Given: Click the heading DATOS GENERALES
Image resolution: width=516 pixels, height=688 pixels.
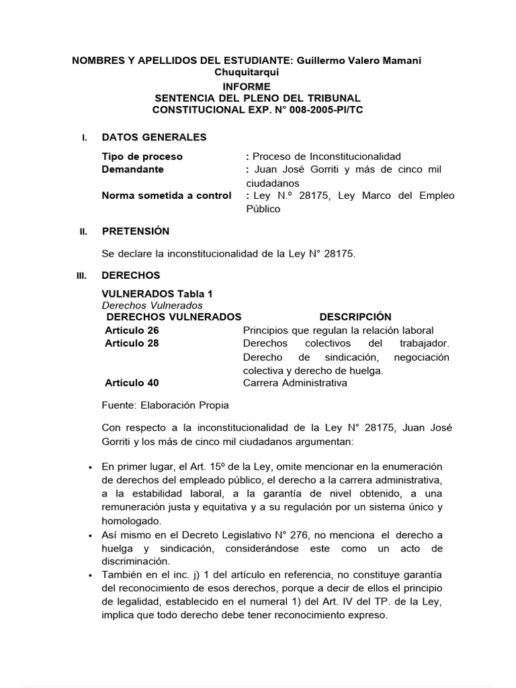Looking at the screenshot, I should tap(154, 137).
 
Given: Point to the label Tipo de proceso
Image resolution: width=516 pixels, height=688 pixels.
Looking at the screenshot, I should tap(142, 157).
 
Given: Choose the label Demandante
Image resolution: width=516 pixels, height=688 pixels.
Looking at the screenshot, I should tap(132, 169).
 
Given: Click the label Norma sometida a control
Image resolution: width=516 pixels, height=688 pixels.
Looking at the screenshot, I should tap(166, 196).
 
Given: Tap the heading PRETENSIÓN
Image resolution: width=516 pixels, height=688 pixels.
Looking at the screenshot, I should tap(135, 231).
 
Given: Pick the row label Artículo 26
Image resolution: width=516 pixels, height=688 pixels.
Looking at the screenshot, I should tap(132, 330).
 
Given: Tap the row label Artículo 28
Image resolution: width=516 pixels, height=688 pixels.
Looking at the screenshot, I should tap(132, 343).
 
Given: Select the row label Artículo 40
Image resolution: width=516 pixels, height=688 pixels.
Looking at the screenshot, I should tap(132, 383).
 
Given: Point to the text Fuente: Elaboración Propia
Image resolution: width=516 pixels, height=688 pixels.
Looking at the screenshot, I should tap(165, 405).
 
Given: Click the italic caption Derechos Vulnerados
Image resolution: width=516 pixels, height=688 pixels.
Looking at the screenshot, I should tap(142, 305).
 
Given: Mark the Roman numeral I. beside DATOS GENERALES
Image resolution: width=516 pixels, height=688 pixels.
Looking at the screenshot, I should tap(84, 138).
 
